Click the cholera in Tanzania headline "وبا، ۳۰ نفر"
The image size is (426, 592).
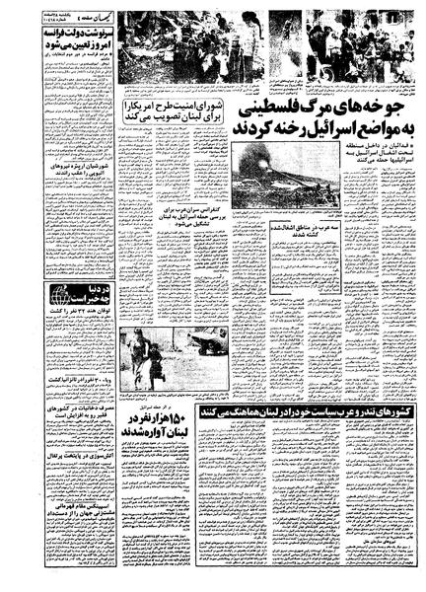(x=75, y=376)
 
